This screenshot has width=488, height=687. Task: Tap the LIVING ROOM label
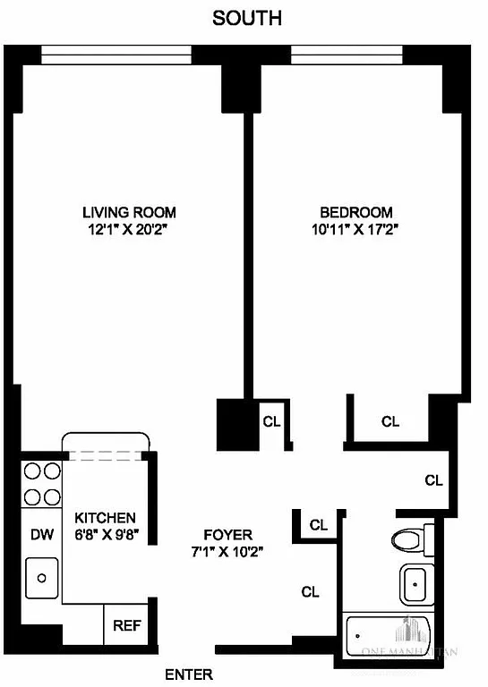pos(129,213)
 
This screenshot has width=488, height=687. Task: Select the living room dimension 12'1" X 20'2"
pos(129,229)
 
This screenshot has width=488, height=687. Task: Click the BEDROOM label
pos(356,213)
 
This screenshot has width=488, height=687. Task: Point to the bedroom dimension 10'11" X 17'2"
pos(356,229)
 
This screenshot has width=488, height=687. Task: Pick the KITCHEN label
pos(105,518)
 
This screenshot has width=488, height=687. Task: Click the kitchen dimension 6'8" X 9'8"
pos(105,535)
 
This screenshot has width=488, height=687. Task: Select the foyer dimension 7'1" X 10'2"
pos(227,551)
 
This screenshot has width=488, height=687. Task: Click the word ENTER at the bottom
pos(189,674)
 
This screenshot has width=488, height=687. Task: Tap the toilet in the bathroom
pos(410,539)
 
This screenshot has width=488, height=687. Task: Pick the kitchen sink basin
pos(41,579)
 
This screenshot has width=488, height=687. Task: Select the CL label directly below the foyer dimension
pos(311,591)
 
